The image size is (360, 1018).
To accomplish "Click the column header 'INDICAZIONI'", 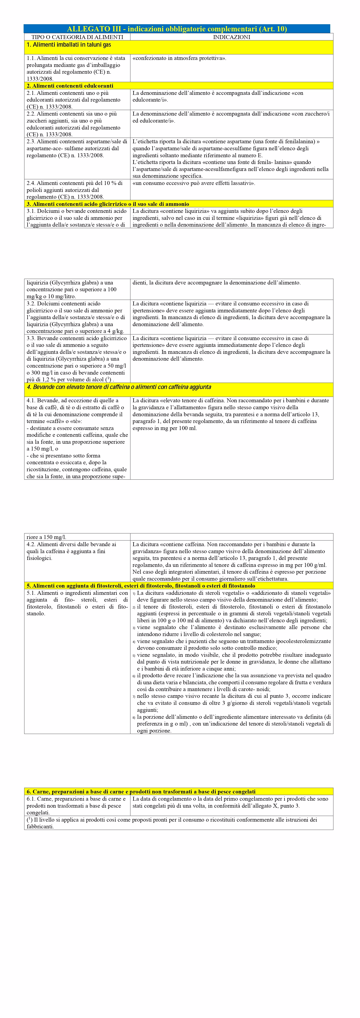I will pyautogui.click(x=232, y=37).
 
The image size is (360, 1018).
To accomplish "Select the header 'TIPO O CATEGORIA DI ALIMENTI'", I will pyautogui.click(x=77, y=37).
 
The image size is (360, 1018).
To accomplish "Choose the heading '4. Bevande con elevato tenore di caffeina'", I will pyautogui.click(x=119, y=387).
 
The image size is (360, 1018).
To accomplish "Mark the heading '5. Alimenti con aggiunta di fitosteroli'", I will pyautogui.click(x=141, y=586).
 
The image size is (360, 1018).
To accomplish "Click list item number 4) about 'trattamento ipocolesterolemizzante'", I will pyautogui.click(x=233, y=644).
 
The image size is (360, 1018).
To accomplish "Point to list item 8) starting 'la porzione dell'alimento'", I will pyautogui.click(x=233, y=724).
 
